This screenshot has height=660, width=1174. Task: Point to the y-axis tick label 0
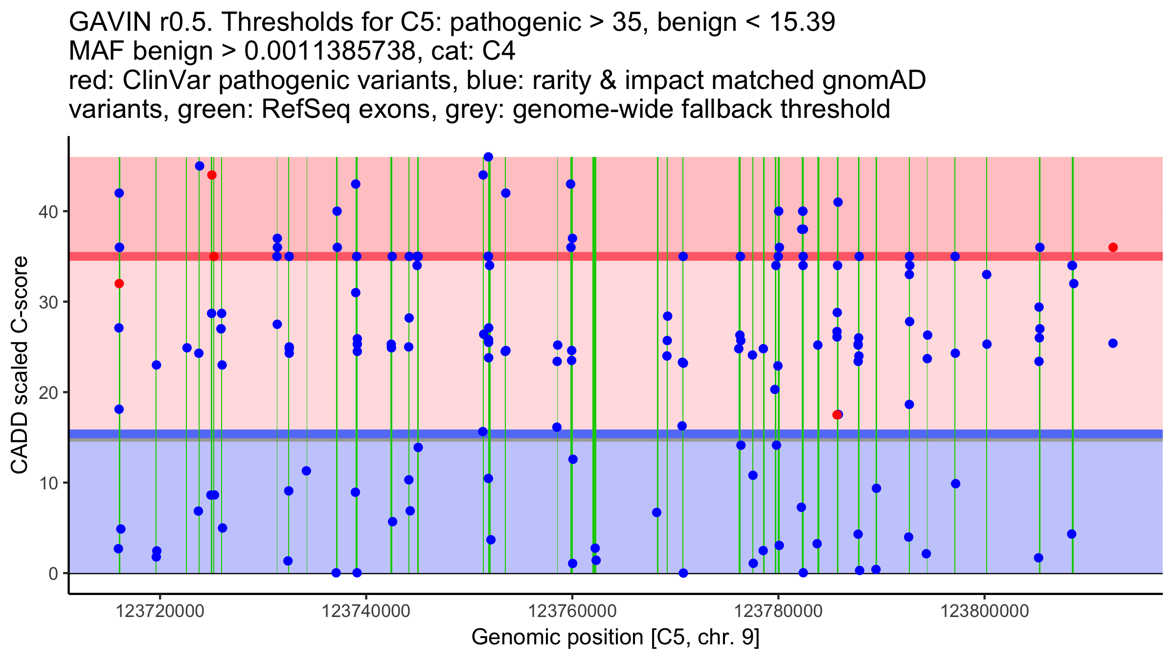click(x=53, y=573)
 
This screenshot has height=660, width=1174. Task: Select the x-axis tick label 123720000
click(x=160, y=611)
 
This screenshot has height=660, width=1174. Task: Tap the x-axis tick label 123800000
click(x=985, y=611)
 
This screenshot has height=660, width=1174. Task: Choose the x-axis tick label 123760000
click(x=572, y=611)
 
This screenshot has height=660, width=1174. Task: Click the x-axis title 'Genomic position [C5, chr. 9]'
click(x=615, y=638)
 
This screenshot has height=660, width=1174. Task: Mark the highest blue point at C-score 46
click(x=488, y=157)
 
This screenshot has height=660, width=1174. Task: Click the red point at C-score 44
click(x=212, y=175)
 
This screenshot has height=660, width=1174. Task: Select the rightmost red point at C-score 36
click(x=1113, y=247)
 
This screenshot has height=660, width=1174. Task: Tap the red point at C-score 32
click(x=119, y=284)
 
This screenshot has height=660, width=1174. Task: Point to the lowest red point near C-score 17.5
click(x=836, y=415)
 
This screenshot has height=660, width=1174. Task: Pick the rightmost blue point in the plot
click(x=1113, y=343)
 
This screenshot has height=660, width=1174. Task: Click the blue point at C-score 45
click(x=200, y=166)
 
